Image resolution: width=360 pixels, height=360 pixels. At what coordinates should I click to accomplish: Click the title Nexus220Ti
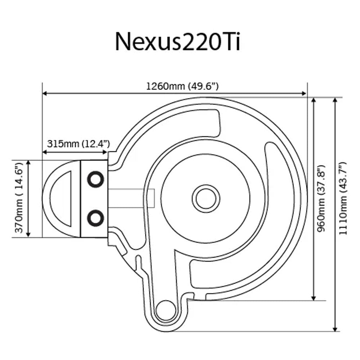177,42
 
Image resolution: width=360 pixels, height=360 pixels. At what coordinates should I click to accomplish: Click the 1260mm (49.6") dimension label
182,86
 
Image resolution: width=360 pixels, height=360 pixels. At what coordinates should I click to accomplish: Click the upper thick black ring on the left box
96,179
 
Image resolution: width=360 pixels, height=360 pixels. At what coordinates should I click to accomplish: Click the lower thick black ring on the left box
96,217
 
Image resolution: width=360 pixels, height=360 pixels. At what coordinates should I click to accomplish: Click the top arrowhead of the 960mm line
314,100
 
